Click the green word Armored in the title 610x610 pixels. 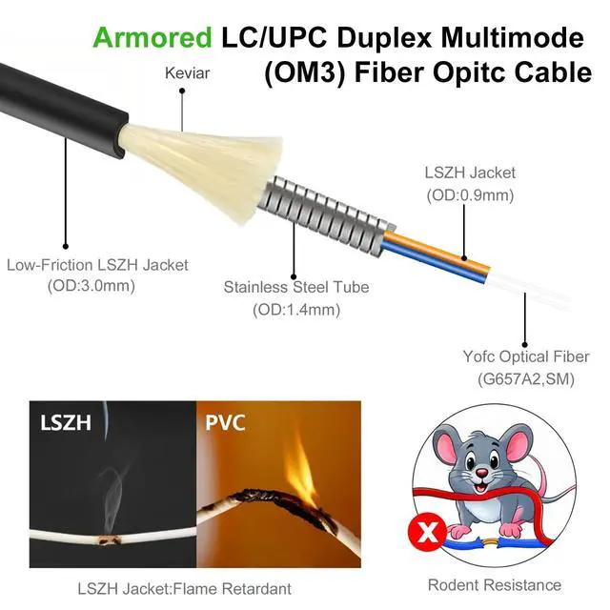[x=152, y=38]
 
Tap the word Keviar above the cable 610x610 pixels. [x=187, y=72]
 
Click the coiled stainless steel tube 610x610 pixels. [x=329, y=206]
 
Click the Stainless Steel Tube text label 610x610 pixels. [x=295, y=287]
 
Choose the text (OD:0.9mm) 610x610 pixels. [x=469, y=195]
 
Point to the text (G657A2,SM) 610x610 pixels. [x=524, y=379]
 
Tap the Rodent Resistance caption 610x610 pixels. [x=494, y=584]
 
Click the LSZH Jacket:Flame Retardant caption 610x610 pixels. [x=184, y=588]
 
